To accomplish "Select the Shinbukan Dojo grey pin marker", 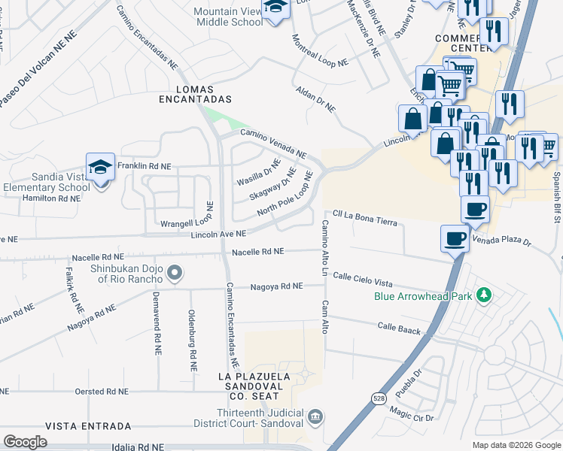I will click(x=175, y=273).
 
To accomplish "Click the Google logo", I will click(x=26, y=441).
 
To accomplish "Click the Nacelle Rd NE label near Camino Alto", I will click(x=258, y=252).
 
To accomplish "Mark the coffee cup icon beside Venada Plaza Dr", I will click(x=454, y=238).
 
